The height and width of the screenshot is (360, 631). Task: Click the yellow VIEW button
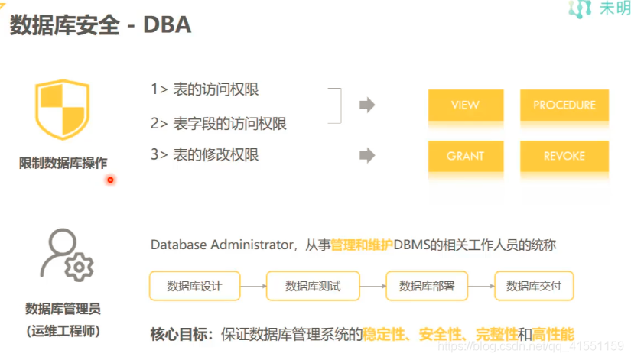point(465,105)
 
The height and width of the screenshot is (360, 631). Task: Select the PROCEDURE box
point(564,105)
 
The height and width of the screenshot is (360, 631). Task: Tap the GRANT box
point(465,156)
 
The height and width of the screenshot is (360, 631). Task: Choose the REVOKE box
point(564,156)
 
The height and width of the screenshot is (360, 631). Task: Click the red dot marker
point(110,180)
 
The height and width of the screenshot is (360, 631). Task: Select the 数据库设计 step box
point(194,287)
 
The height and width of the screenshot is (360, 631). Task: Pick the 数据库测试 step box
point(312,287)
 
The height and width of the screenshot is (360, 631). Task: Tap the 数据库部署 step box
point(426,287)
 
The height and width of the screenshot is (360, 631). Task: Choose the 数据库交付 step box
point(534,287)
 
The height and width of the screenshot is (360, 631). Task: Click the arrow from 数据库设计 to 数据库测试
point(253,287)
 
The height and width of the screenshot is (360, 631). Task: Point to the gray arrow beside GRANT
point(368,156)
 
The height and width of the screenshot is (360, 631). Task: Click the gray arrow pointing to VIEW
point(368,105)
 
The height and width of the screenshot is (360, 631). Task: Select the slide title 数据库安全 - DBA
point(99,25)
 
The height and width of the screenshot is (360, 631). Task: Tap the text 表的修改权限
point(216,155)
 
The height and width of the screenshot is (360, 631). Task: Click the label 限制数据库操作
point(63,162)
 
